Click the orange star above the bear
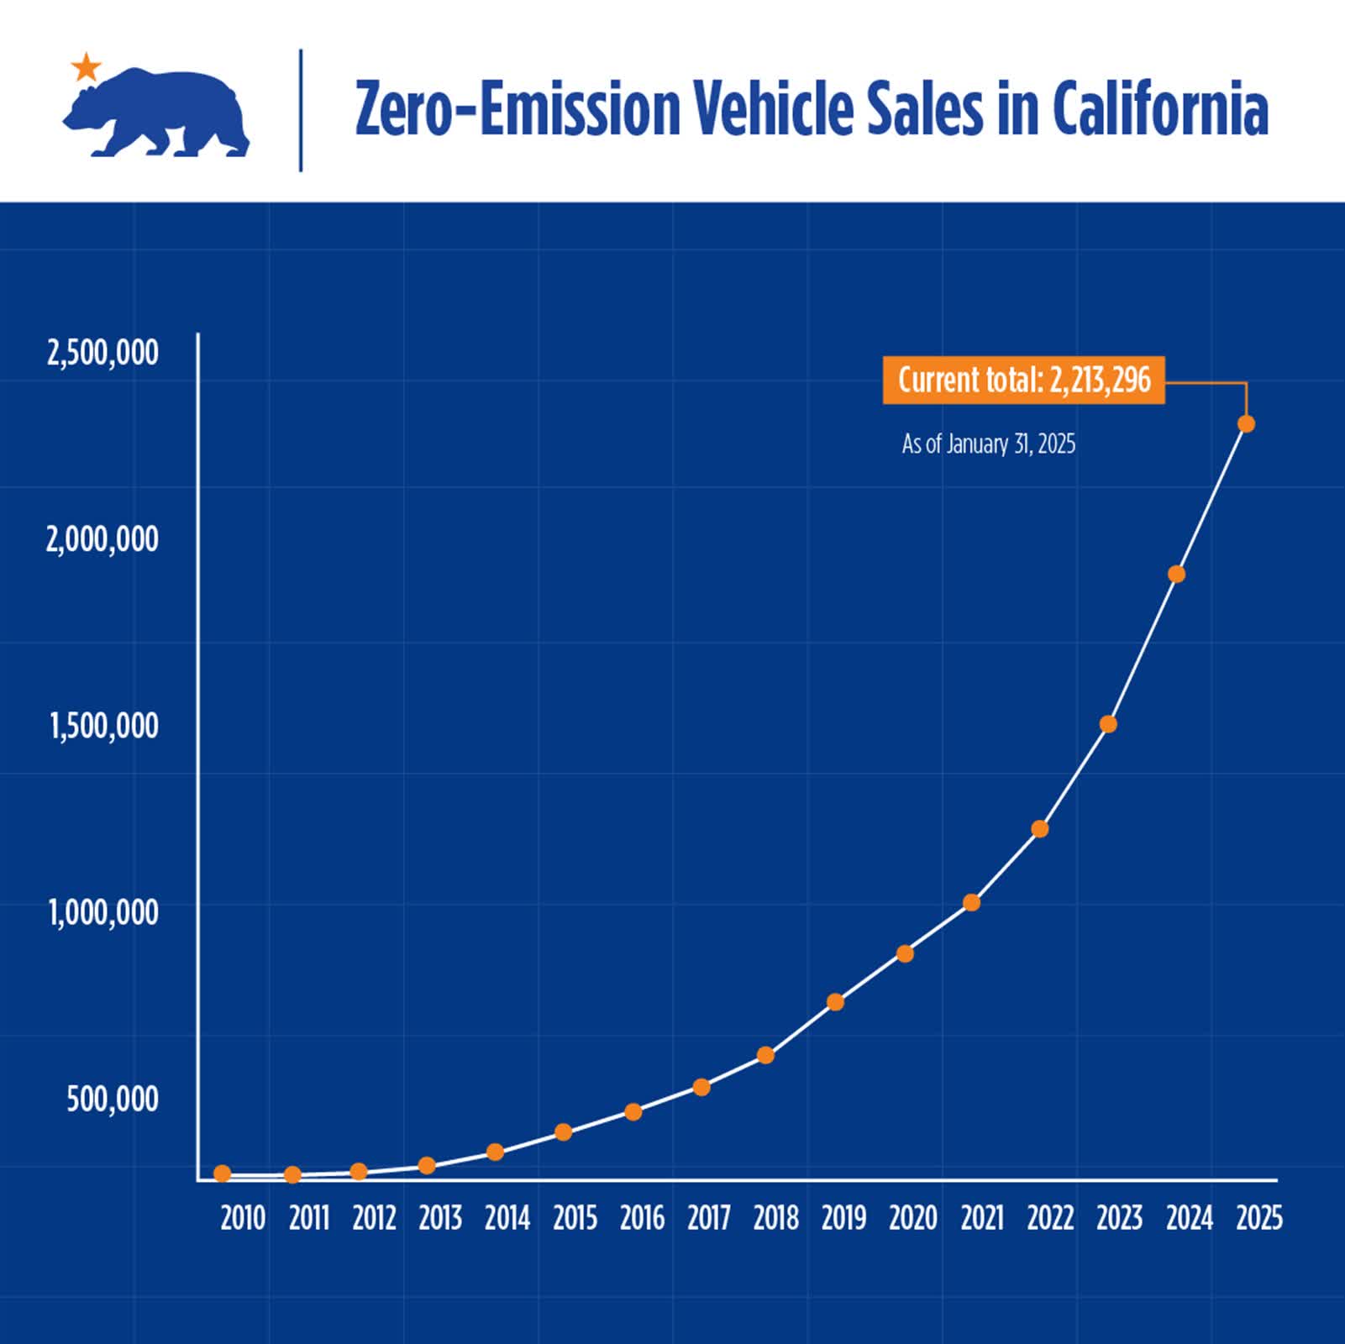[x=86, y=67]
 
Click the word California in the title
[x=1159, y=109]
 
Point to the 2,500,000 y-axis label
[x=102, y=353]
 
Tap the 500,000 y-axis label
[x=113, y=1099]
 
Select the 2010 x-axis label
[x=243, y=1218]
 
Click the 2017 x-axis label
[x=709, y=1218]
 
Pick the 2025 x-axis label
[x=1259, y=1218]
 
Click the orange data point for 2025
[x=1247, y=424]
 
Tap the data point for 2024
[x=1177, y=575]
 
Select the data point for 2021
[x=972, y=903]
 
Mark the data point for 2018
[x=765, y=1055]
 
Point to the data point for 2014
[x=496, y=1152]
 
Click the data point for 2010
[x=223, y=1173]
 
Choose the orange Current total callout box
[x=1023, y=381]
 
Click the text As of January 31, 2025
[x=988, y=444]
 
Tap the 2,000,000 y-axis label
[x=102, y=539]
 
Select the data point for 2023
[x=1108, y=724]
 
